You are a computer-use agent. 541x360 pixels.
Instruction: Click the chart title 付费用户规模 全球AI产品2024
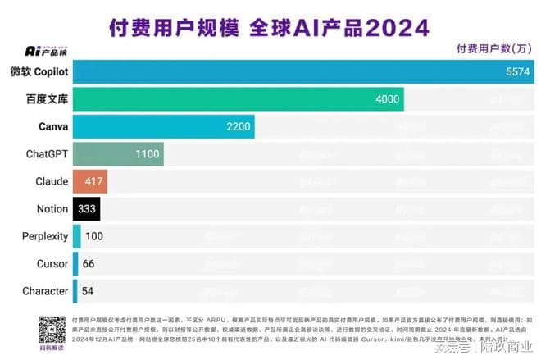pos(270,26)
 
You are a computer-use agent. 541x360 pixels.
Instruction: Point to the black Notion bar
pos(85,208)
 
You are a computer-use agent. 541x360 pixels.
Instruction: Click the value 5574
pos(518,72)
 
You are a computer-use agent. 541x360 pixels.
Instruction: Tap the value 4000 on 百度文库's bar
pos(387,99)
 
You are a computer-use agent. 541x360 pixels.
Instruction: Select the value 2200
pos(238,126)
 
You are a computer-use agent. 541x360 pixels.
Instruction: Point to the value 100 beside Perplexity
pos(94,236)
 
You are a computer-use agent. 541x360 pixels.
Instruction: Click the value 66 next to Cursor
pos(89,263)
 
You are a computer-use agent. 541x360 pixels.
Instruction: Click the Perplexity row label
pos(45,236)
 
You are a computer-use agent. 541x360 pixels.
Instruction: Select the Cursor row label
pos(52,263)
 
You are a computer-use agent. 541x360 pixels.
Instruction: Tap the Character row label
pos(46,291)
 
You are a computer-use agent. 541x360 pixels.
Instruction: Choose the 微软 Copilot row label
pos(39,72)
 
